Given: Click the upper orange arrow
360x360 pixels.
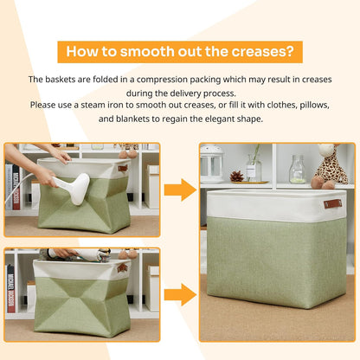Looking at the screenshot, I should point(180,190).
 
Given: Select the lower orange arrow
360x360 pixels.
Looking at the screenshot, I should point(180,292).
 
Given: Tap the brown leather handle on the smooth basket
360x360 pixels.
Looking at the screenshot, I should point(332,204).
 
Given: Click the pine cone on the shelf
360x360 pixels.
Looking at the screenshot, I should point(236,177).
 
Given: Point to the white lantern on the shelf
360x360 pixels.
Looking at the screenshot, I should point(212,164).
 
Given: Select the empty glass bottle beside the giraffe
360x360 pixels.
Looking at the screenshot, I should point(297,169).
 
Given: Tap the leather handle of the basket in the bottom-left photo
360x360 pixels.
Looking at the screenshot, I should point(122,268).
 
